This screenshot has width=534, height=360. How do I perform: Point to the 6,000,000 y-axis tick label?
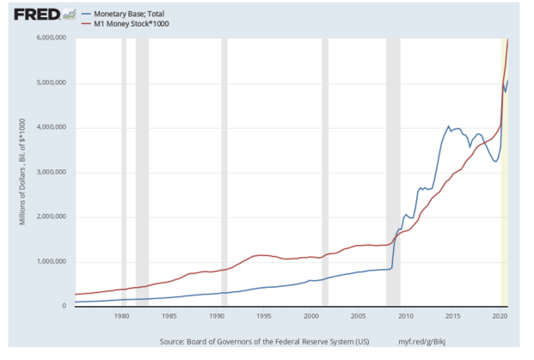pyautogui.click(x=52, y=39)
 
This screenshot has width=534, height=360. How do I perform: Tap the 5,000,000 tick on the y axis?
pyautogui.click(x=52, y=83)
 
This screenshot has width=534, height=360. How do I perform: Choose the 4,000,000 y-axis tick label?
pyautogui.click(x=52, y=128)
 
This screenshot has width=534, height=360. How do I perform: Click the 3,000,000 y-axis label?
pyautogui.click(x=52, y=173)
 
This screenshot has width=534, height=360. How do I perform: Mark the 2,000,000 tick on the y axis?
pyautogui.click(x=52, y=217)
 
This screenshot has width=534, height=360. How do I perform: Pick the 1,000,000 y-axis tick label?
pyautogui.click(x=52, y=262)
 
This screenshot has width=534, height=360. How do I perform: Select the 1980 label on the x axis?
pyautogui.click(x=121, y=316)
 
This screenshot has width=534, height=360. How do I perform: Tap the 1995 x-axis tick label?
pyautogui.click(x=264, y=316)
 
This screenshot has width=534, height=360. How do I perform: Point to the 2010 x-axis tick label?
pyautogui.click(x=406, y=316)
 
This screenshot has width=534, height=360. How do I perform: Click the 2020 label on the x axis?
pyautogui.click(x=500, y=316)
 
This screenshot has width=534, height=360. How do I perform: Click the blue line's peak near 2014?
pyautogui.click(x=448, y=125)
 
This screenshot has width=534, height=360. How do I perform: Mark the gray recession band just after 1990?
pyautogui.click(x=224, y=172)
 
